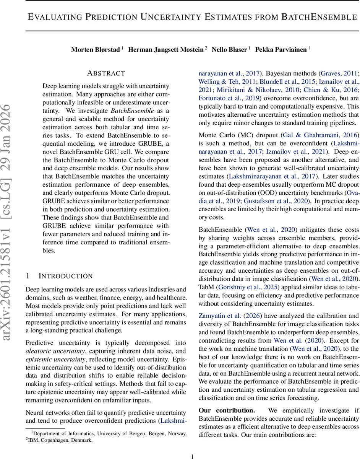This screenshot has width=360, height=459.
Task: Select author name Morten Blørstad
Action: [95, 50]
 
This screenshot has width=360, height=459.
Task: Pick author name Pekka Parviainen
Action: [281, 50]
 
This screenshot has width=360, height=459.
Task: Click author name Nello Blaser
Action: [230, 50]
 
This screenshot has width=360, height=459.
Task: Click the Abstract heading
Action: [106, 73]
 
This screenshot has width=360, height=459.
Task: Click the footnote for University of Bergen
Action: [109, 433]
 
